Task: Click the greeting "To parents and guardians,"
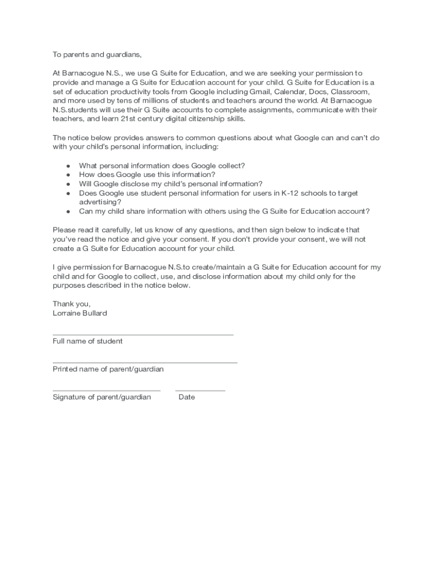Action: click(x=96, y=55)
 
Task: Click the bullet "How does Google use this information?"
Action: click(x=147, y=175)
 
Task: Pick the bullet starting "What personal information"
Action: click(x=162, y=166)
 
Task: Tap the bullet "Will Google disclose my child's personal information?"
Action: click(x=170, y=184)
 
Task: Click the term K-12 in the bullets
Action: click(x=292, y=193)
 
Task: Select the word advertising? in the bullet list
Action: click(x=100, y=202)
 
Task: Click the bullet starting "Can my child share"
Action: click(x=224, y=211)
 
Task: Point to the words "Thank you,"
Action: click(x=72, y=304)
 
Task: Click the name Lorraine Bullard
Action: click(x=79, y=313)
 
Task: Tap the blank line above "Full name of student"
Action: click(x=143, y=335)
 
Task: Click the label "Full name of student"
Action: click(x=87, y=341)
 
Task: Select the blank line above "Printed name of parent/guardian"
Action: click(x=145, y=363)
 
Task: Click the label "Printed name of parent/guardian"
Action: click(x=108, y=369)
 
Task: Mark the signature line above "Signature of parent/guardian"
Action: click(x=106, y=390)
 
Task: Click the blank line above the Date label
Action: click(x=200, y=390)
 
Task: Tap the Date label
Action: click(x=187, y=397)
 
